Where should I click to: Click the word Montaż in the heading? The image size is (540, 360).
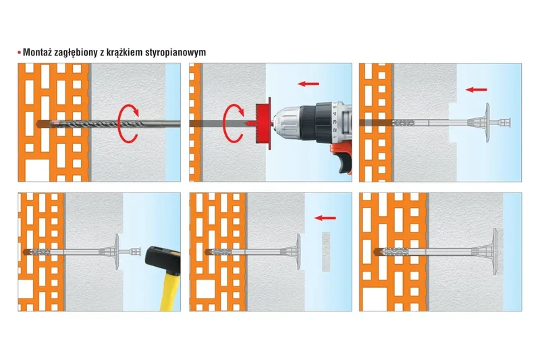(x=37, y=53)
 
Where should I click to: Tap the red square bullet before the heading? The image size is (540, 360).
(x=20, y=53)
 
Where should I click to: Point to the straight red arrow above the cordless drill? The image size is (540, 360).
(x=308, y=83)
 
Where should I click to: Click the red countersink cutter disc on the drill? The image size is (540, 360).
(x=264, y=124)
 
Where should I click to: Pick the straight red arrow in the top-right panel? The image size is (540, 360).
(x=477, y=90)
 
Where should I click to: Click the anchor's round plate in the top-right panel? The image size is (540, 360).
(x=487, y=122)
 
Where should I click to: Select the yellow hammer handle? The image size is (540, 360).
(x=171, y=291)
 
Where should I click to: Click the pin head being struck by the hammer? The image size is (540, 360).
(x=136, y=251)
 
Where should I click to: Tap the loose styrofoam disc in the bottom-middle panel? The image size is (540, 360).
(x=326, y=252)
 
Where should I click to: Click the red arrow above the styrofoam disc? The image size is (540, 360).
(x=325, y=217)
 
